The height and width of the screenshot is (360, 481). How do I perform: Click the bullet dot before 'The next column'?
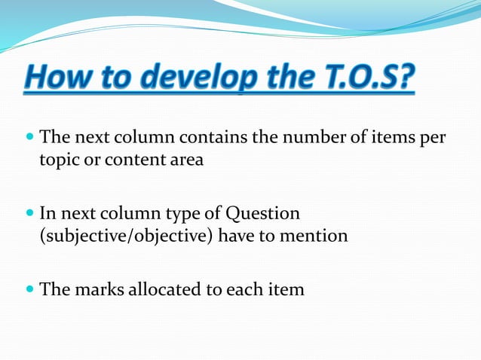(29, 139)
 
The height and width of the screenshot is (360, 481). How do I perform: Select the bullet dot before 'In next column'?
(29, 214)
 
